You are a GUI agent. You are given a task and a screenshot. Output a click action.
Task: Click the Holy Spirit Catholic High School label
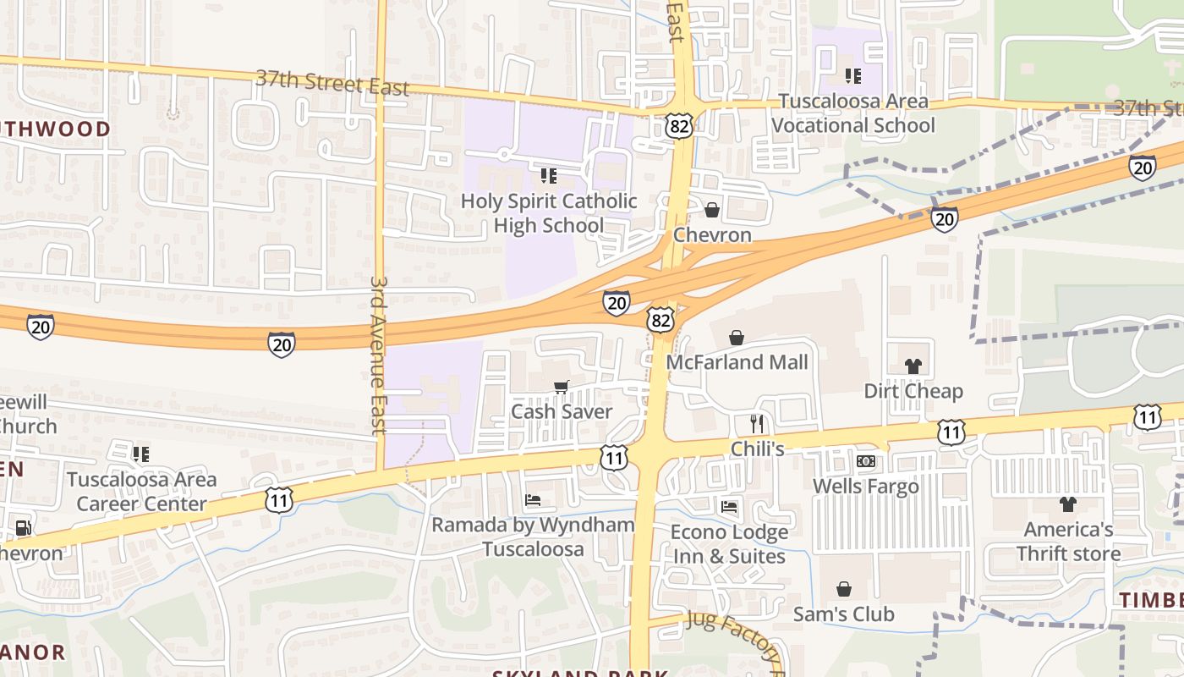click(x=548, y=213)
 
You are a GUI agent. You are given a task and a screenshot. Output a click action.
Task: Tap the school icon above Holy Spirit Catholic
click(x=548, y=176)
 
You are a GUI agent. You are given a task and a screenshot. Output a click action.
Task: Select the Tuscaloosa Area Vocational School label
click(x=852, y=113)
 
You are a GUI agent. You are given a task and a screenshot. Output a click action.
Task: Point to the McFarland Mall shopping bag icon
click(x=737, y=338)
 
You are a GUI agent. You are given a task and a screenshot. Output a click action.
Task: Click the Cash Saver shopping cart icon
click(x=560, y=388)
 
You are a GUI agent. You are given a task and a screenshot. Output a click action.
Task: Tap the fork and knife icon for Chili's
click(x=757, y=423)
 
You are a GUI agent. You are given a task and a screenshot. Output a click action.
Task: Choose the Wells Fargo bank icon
click(x=865, y=461)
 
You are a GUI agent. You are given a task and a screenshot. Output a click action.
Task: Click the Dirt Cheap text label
click(x=913, y=391)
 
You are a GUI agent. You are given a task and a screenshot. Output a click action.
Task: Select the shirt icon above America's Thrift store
click(x=1067, y=504)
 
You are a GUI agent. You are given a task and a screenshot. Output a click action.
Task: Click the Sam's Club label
click(x=843, y=614)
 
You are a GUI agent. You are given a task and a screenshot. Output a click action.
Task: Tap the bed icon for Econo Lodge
click(x=729, y=507)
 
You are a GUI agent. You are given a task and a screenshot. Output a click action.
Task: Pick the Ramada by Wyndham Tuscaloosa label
click(x=533, y=537)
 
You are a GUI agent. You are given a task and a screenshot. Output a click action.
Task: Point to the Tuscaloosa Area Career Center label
click(x=141, y=492)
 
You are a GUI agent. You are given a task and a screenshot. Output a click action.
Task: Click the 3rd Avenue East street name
click(x=378, y=355)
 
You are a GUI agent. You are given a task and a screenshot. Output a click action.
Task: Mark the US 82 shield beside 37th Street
click(x=678, y=126)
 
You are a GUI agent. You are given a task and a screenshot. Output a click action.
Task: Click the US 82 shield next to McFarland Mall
click(x=661, y=319)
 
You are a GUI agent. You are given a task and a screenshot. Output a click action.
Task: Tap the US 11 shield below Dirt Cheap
click(x=951, y=432)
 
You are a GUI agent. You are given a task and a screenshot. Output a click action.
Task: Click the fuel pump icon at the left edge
click(x=23, y=529)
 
